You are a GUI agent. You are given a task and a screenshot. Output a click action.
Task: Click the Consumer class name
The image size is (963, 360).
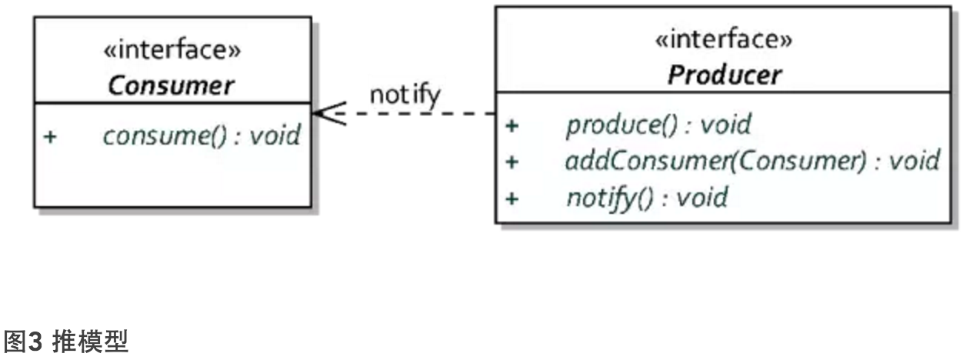[172, 85]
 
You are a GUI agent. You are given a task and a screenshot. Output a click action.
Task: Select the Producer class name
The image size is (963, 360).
[724, 75]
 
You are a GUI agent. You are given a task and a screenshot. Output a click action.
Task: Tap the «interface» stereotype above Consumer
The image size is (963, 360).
[172, 52]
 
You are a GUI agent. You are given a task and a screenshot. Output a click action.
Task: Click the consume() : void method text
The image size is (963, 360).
[202, 136]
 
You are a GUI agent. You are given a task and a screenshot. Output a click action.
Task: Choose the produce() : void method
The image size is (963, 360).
[658, 125]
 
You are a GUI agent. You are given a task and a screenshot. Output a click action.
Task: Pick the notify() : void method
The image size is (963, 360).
[647, 198]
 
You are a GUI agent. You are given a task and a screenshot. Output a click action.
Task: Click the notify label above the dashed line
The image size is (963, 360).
[405, 95]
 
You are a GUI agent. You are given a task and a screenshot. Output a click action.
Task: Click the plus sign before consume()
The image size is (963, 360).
[50, 137]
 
